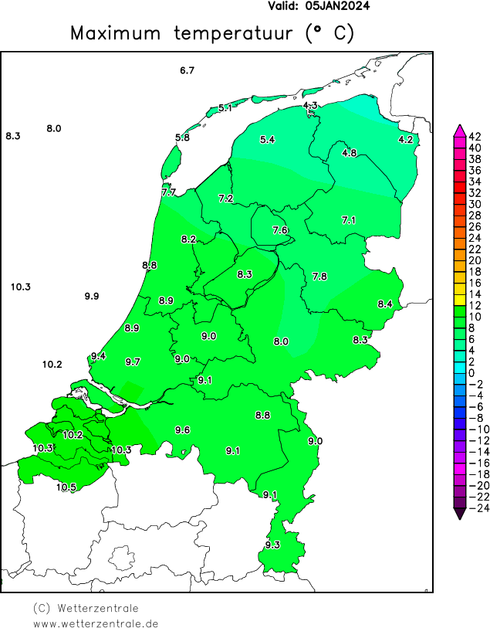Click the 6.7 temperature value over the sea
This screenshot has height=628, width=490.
(187, 71)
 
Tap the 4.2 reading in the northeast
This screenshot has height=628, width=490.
(405, 139)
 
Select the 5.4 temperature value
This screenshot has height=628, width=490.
(267, 140)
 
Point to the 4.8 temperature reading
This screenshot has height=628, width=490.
(349, 153)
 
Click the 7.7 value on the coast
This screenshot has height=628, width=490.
(168, 192)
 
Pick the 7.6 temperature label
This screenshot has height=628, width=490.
(280, 230)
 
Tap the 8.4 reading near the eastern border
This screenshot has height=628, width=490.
(385, 304)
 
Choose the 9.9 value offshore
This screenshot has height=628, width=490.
(92, 297)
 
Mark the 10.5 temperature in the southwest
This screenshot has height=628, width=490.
(66, 487)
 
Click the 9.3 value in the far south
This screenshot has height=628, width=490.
(272, 545)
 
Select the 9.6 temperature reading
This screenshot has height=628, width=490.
(183, 430)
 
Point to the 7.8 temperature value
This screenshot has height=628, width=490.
(319, 277)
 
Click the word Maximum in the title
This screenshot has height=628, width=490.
(115, 33)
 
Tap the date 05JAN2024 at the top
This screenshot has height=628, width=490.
(337, 6)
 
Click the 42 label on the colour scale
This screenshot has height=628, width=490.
(475, 136)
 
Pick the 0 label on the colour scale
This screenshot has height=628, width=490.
(471, 372)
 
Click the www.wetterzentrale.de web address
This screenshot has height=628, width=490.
(96, 623)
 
